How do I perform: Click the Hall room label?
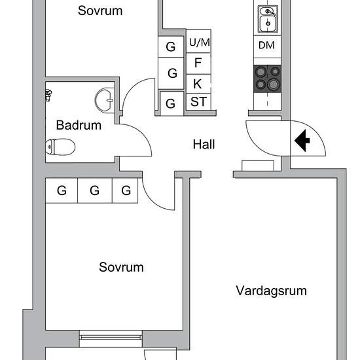click(x=204, y=145)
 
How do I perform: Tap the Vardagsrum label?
click(x=271, y=291)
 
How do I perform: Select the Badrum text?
click(x=79, y=125)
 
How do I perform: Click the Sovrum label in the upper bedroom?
click(x=100, y=10)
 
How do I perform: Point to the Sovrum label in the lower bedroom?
click(x=121, y=267)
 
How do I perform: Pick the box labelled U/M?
click(x=200, y=43)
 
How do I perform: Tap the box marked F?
click(x=198, y=63)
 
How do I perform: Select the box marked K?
click(x=198, y=83)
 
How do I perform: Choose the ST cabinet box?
click(x=198, y=102)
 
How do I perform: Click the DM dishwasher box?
click(x=266, y=45)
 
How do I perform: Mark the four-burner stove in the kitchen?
click(x=267, y=77)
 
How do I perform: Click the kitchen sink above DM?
click(x=267, y=20)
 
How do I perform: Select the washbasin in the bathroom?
click(x=104, y=100)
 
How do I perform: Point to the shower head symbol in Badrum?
click(x=49, y=96)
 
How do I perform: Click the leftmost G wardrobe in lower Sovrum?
click(x=62, y=191)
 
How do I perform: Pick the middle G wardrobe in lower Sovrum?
click(x=94, y=191)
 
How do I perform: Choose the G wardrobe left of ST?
click(x=171, y=103)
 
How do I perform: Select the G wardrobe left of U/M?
click(x=171, y=47)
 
